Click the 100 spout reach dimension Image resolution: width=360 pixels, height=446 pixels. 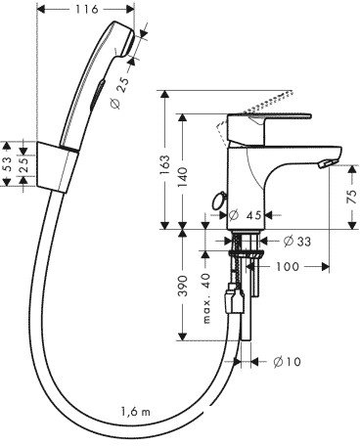tap(287, 266)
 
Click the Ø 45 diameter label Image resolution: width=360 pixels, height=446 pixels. tap(244, 215)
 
